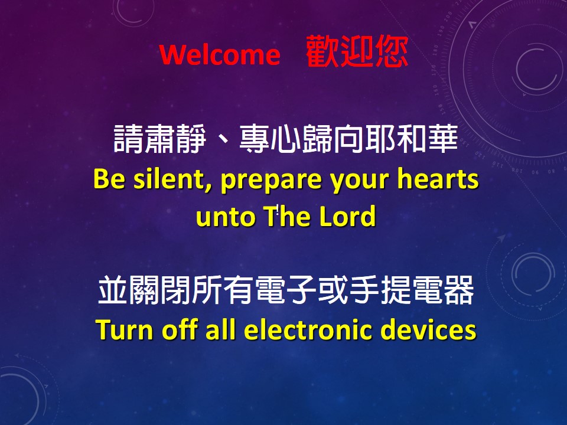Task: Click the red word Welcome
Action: pos(220,54)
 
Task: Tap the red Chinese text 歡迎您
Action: pos(357,52)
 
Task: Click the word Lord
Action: pos(347,216)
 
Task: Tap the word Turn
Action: pos(125,329)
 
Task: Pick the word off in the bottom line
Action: pos(180,329)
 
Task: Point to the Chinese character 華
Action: pos(444,138)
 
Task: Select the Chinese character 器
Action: pos(460,289)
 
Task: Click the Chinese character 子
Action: pos(302,289)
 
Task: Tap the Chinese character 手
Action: pos(365,289)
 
